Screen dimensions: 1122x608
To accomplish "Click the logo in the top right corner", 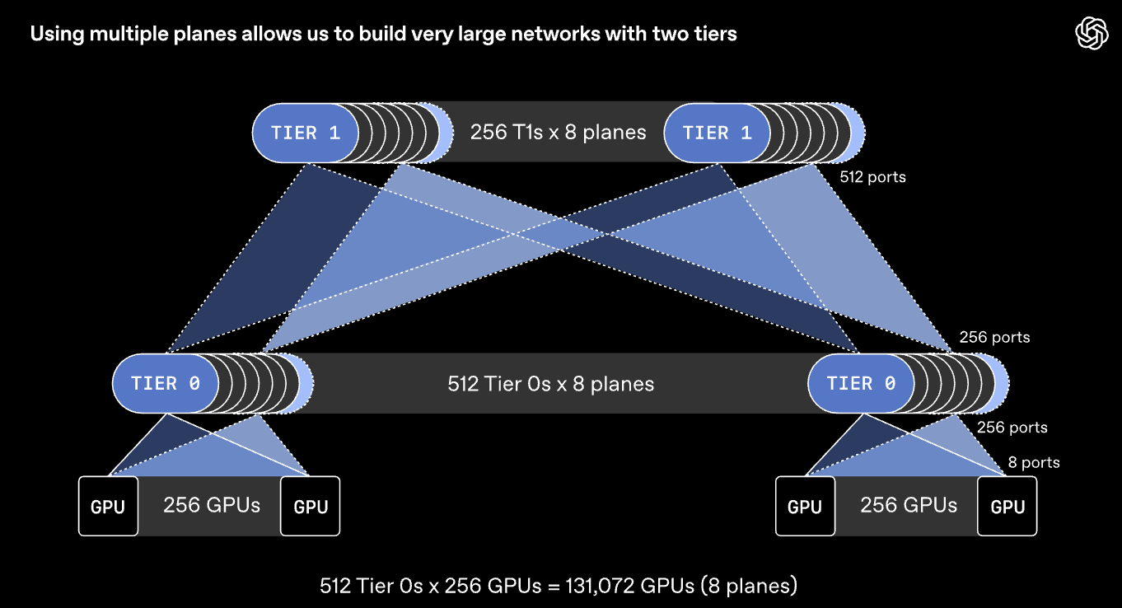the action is point(1092,33).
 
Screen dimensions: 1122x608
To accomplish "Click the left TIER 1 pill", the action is point(305,133).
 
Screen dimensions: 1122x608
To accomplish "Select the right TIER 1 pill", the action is point(717,133).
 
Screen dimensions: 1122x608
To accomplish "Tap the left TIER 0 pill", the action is point(166,384).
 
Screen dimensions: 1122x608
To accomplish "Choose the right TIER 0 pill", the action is point(861,384).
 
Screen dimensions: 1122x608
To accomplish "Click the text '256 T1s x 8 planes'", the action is point(558,132).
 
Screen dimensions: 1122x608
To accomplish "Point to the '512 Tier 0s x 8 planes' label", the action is point(550,384).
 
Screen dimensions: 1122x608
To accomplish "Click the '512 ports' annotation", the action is point(872,177).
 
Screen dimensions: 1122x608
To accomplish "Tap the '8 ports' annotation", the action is point(1033,462).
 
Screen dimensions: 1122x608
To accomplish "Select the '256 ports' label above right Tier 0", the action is point(994,337).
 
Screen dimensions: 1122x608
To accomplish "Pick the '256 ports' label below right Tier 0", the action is point(1012,428).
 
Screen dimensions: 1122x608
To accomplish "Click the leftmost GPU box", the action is point(108,506).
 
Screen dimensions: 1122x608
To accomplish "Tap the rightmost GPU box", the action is point(1007,506).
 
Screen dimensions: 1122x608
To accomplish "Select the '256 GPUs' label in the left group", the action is point(212,505).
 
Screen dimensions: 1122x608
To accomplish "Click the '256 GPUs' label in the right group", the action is point(909,505).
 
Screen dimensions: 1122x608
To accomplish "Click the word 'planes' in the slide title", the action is point(205,34).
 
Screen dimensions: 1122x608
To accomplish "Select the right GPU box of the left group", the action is point(310,506).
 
